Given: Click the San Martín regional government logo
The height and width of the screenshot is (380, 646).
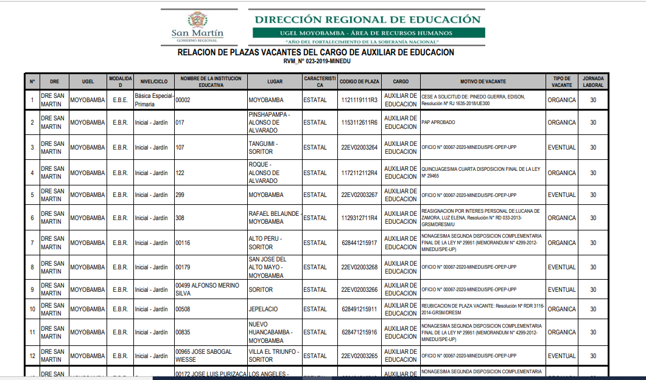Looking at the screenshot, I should pyautogui.click(x=197, y=26).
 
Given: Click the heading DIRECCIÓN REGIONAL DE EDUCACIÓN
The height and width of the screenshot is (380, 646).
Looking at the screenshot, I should pyautogui.click(x=367, y=19).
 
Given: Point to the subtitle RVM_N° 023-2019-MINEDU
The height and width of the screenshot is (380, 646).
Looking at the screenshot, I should pyautogui.click(x=317, y=61).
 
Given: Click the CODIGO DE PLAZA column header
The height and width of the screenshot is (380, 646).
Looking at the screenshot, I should pyautogui.click(x=359, y=81).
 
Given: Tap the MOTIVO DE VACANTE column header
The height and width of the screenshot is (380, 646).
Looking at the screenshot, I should pyautogui.click(x=482, y=81).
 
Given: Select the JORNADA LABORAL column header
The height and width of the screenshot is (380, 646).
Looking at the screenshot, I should pyautogui.click(x=593, y=81).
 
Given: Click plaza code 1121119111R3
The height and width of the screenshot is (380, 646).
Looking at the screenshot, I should pyautogui.click(x=359, y=100).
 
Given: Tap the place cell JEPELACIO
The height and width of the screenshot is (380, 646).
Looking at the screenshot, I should pyautogui.click(x=263, y=309).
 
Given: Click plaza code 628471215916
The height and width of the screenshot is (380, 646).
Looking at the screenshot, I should pyautogui.click(x=359, y=332).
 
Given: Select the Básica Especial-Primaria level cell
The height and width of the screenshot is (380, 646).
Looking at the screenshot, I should pyautogui.click(x=154, y=100).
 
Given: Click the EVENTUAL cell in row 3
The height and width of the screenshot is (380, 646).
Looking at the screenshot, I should pyautogui.click(x=561, y=147).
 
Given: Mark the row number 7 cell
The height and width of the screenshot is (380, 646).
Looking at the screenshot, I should pyautogui.click(x=32, y=243).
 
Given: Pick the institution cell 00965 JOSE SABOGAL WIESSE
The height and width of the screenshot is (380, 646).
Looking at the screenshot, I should pyautogui.click(x=204, y=356).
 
